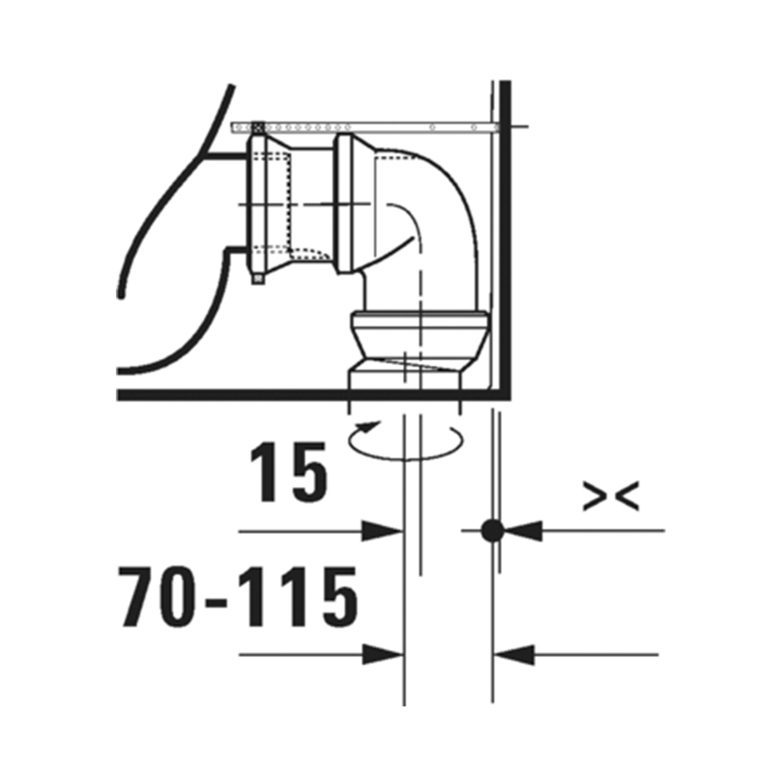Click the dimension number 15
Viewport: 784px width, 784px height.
point(289,473)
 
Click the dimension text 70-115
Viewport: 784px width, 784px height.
point(238,597)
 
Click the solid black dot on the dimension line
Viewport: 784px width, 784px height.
point(493,530)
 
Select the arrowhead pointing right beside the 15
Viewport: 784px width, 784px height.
point(381,530)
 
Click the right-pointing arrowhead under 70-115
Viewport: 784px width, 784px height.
point(381,655)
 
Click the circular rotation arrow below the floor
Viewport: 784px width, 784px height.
point(403,440)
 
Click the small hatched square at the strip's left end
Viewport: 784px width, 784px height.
point(257,125)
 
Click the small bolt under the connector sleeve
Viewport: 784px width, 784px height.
point(257,277)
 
